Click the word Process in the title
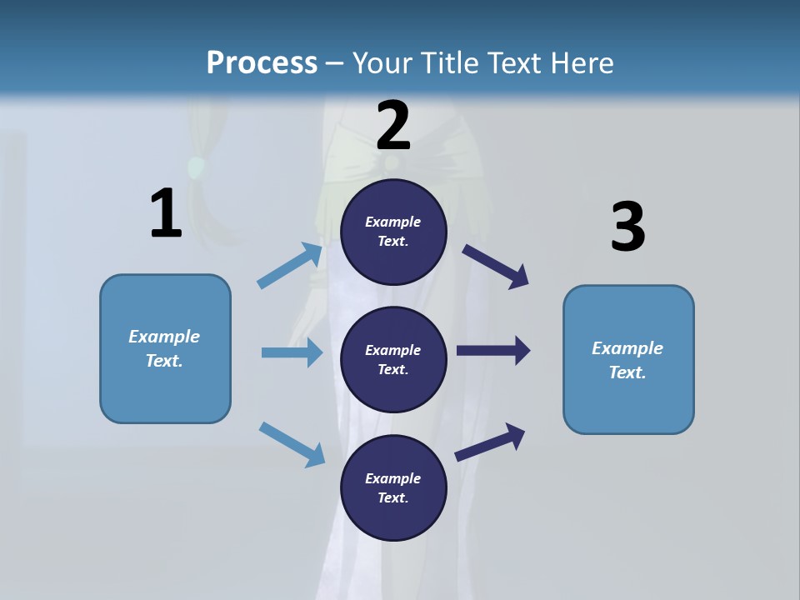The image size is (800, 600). point(262,62)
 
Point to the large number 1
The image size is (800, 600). point(166,213)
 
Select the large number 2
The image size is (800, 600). point(393,125)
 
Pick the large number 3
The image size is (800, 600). point(627,227)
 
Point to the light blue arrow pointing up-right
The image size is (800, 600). point(290,265)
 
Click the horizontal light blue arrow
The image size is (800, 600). point(292,352)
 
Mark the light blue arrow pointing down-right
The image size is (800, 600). point(292,443)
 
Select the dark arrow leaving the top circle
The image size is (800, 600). point(495,265)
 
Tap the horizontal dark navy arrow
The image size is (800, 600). point(493,351)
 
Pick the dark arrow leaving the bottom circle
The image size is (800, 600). point(490,442)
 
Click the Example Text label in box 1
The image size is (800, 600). point(164,348)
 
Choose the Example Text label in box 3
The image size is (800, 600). point(627,360)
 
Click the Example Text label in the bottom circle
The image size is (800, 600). point(392,487)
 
